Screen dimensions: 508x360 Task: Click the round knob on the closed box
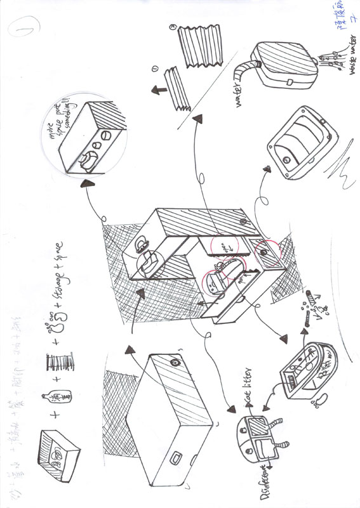click(174, 362)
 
